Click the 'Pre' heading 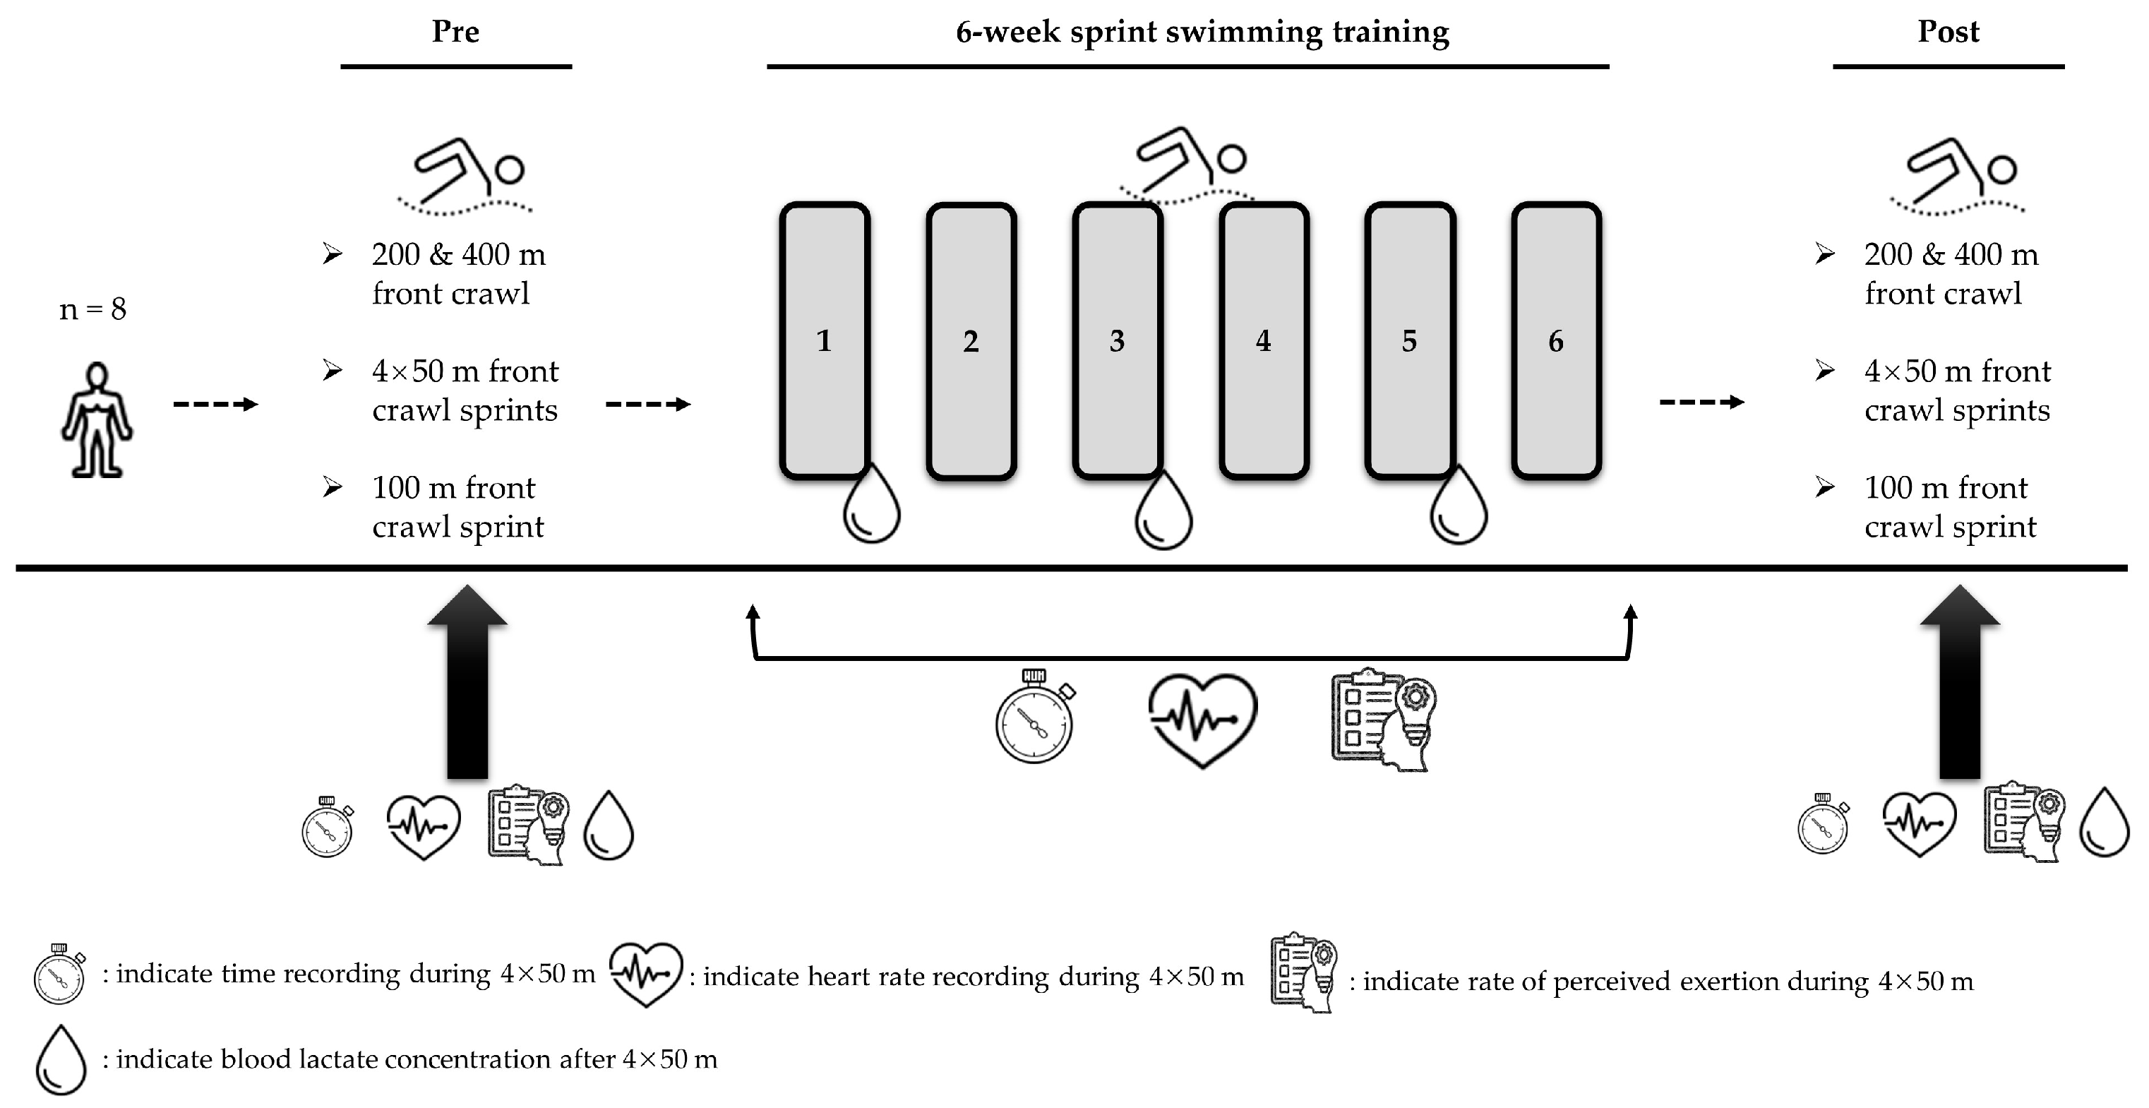point(455,32)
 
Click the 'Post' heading point(1948,32)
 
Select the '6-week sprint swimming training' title point(1202,32)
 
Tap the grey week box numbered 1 point(824,340)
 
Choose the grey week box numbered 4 point(1263,340)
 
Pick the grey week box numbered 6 point(1556,340)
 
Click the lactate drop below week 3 point(1163,513)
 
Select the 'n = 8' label point(92,309)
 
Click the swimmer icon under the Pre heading point(465,177)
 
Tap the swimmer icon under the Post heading point(1957,177)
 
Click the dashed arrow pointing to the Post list point(1702,402)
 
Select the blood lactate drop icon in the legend point(61,1059)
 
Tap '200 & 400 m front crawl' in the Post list point(1951,274)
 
